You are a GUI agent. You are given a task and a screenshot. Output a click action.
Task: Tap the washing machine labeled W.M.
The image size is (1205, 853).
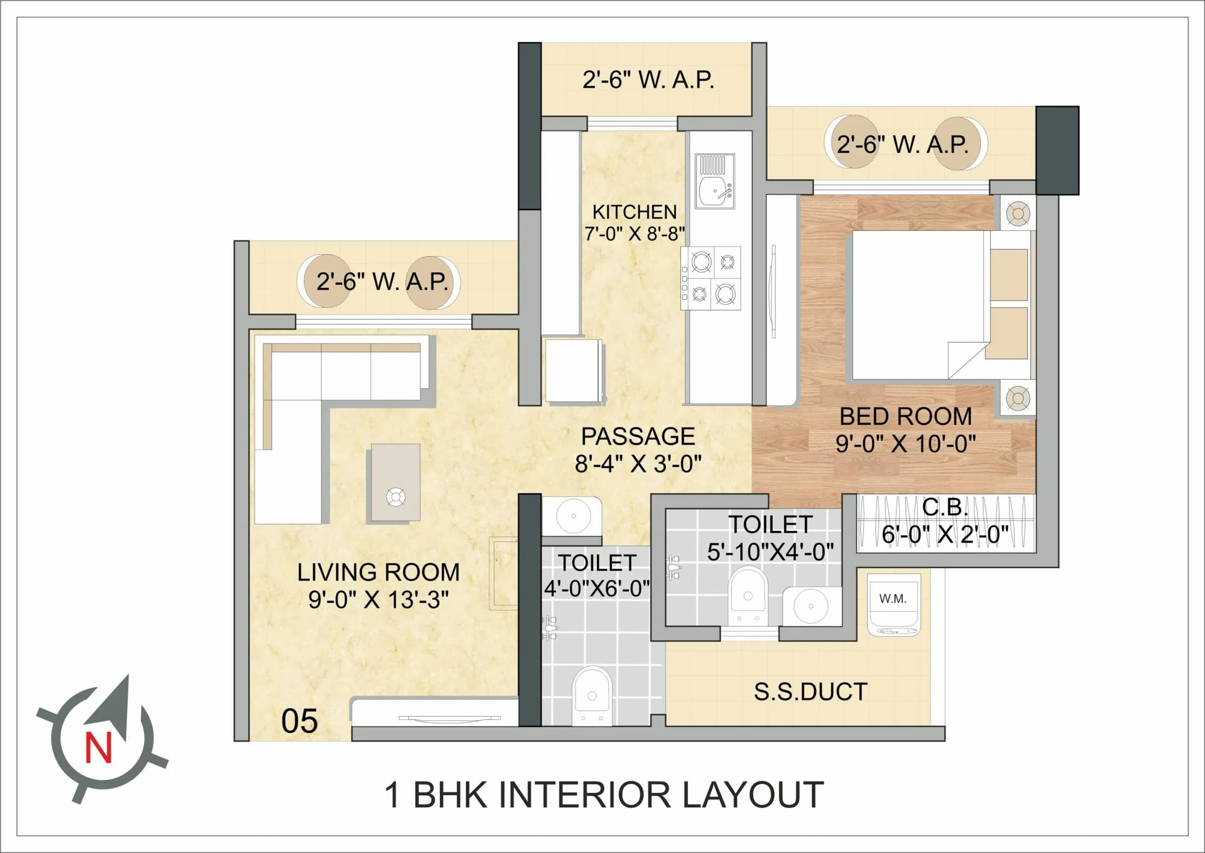tap(893, 604)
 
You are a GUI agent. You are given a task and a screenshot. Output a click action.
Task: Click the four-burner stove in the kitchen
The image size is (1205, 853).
tap(712, 278)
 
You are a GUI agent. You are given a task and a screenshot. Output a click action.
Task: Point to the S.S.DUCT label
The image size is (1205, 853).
tap(810, 692)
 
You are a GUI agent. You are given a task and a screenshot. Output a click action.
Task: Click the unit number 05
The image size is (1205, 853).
tap(299, 721)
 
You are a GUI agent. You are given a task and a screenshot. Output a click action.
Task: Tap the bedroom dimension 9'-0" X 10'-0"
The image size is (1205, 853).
tap(905, 444)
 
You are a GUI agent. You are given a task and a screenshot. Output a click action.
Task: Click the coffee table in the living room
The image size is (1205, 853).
tap(395, 483)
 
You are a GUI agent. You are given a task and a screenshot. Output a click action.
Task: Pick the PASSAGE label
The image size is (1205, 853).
tap(638, 436)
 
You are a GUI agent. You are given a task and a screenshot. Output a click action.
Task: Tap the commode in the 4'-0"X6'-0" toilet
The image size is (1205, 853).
tap(592, 695)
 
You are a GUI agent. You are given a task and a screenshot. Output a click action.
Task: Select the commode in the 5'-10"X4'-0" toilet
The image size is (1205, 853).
tap(748, 597)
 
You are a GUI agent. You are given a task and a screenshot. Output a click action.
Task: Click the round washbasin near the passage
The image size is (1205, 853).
tap(573, 516)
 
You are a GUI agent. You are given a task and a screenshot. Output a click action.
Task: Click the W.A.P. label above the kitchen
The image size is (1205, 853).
tap(649, 80)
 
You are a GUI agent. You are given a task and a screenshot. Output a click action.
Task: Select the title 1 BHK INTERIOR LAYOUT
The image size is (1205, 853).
tap(604, 795)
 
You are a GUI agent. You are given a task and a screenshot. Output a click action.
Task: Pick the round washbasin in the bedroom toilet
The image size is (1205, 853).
tap(811, 605)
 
